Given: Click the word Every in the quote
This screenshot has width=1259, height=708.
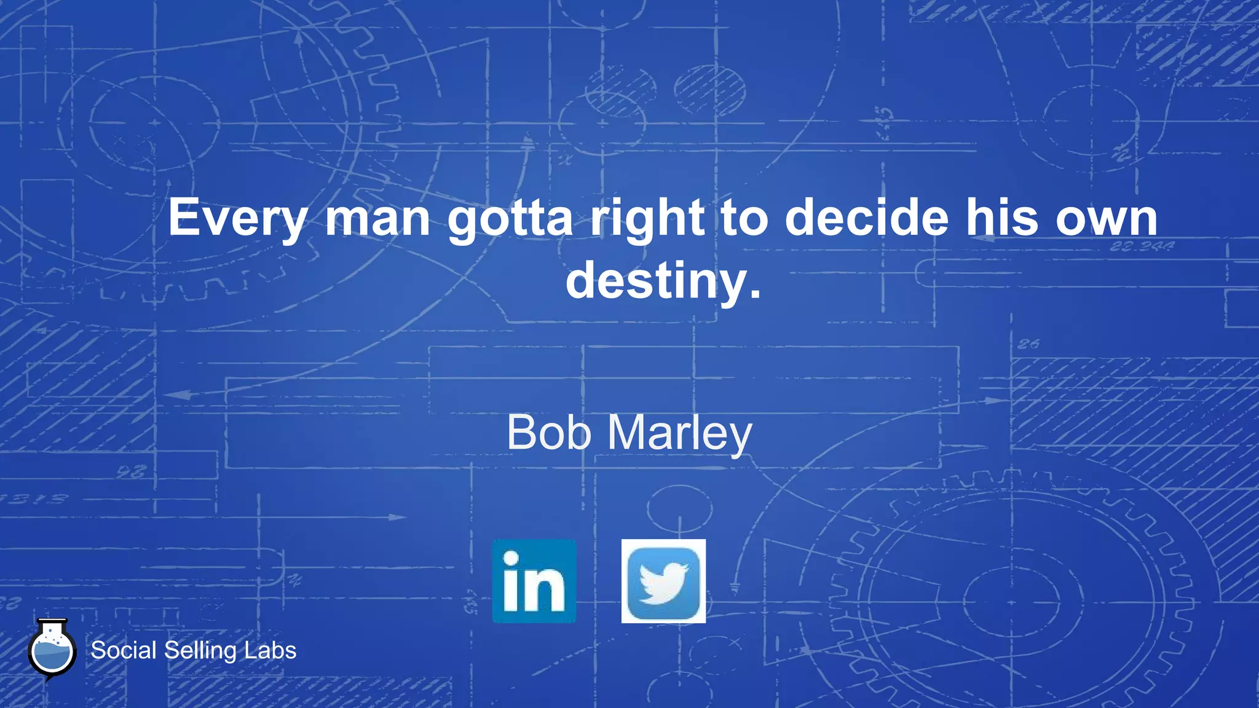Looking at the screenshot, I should (x=237, y=219).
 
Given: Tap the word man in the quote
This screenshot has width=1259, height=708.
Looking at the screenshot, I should (x=377, y=219).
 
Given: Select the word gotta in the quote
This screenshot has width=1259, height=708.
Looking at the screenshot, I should (x=510, y=219).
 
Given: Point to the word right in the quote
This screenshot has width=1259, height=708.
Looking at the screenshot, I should (x=647, y=219).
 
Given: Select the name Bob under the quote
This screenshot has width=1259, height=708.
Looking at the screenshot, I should (x=549, y=433).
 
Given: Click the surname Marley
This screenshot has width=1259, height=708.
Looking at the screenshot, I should (x=680, y=434).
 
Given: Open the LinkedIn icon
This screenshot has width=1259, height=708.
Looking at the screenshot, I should (x=534, y=581).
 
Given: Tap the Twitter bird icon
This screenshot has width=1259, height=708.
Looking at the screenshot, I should (x=663, y=581).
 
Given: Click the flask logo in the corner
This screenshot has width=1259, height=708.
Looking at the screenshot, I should (x=52, y=650).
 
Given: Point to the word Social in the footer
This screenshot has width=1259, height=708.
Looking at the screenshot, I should (x=124, y=650).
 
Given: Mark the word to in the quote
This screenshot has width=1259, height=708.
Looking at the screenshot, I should (x=744, y=219).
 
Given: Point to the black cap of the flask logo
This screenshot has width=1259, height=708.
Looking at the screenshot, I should (x=52, y=621).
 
